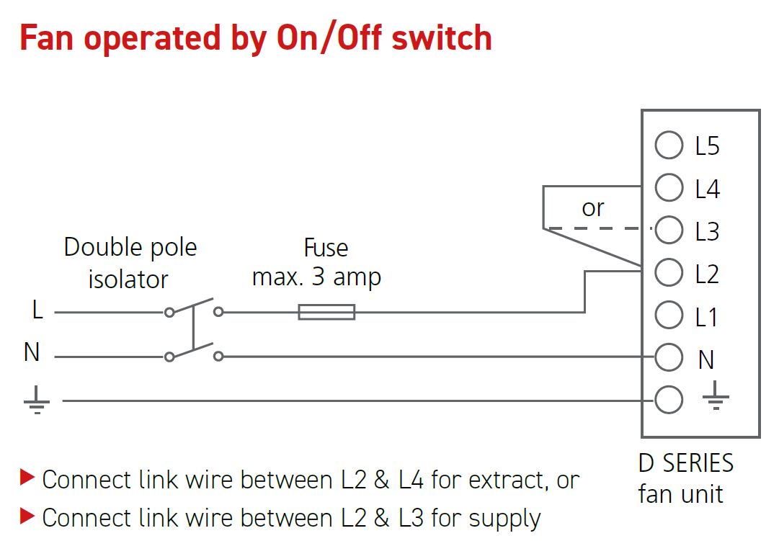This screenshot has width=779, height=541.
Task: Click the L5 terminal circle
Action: click(x=669, y=146)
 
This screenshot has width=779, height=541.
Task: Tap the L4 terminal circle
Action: click(x=669, y=188)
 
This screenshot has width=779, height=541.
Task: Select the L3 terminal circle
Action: click(x=669, y=231)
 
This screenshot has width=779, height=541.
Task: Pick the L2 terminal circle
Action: click(x=669, y=273)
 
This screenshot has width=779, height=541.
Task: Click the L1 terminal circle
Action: click(x=669, y=316)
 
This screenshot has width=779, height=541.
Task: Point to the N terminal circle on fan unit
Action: click(x=669, y=357)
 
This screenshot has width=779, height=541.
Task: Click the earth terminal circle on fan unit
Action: click(x=669, y=400)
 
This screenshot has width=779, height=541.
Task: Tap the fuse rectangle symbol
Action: click(x=326, y=312)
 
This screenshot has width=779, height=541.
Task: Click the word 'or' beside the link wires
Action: click(x=592, y=208)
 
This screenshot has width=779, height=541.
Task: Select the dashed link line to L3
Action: click(x=598, y=229)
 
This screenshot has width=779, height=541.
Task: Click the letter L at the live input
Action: click(x=37, y=310)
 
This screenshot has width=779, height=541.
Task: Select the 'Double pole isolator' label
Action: click(x=130, y=263)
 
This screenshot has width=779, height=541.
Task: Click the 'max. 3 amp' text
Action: click(x=316, y=277)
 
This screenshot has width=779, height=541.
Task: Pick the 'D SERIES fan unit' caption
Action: click(x=686, y=478)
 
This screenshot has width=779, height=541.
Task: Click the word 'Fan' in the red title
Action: click(x=48, y=38)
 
